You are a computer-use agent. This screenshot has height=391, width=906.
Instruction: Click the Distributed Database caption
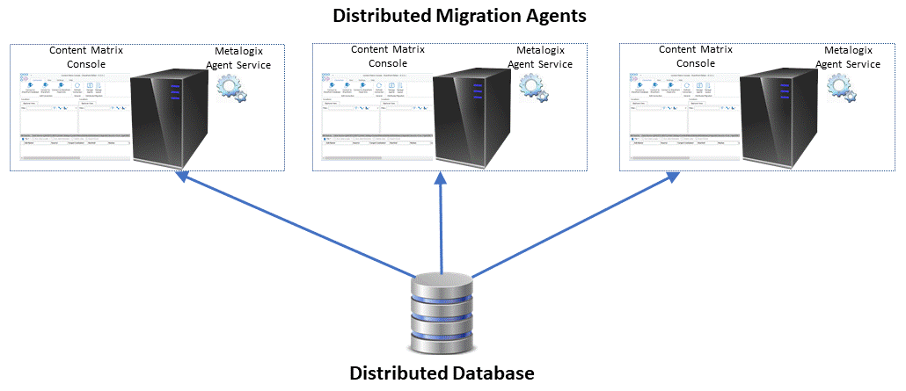click(442, 373)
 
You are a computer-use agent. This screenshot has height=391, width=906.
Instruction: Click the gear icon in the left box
click(231, 88)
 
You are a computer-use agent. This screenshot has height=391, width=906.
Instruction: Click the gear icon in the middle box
click(532, 86)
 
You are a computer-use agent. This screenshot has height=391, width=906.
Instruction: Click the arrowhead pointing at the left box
click(182, 178)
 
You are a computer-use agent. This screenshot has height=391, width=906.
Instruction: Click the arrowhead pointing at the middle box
click(442, 177)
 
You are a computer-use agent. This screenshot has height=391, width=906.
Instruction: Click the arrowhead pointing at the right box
click(672, 177)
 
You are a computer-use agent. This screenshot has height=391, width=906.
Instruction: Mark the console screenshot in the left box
click(75, 119)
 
